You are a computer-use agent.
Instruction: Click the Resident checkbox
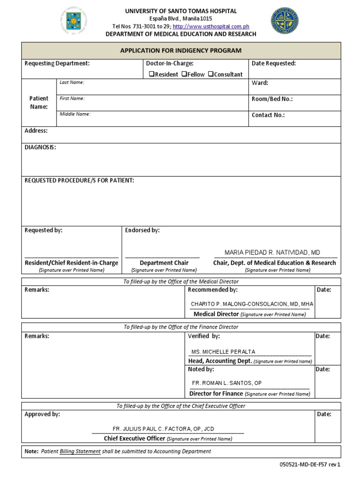tap(151, 74)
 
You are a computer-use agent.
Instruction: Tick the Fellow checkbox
tap(184, 74)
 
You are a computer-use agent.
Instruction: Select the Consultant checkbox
tap(211, 74)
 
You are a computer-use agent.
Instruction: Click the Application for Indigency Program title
tap(181, 50)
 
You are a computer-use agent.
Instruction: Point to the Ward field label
tap(260, 83)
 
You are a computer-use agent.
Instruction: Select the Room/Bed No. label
tap(272, 99)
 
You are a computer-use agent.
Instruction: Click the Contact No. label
tap(268, 115)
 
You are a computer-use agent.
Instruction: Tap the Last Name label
tap(72, 82)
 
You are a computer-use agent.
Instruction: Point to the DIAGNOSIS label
tap(40, 147)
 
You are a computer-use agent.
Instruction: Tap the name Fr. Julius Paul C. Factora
tap(163, 429)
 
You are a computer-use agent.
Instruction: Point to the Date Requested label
tap(274, 63)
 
